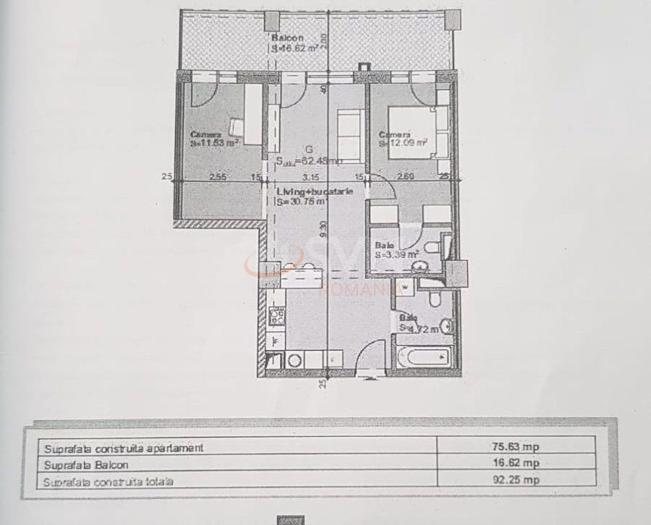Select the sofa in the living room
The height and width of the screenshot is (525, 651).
pos(348,136)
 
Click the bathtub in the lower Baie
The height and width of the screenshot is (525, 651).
pos(422,358)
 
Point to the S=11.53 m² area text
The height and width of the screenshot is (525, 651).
pos(216,144)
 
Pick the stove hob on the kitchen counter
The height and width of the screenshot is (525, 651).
pos(277,316)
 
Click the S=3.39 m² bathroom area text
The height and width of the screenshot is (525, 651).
pos(397,255)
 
